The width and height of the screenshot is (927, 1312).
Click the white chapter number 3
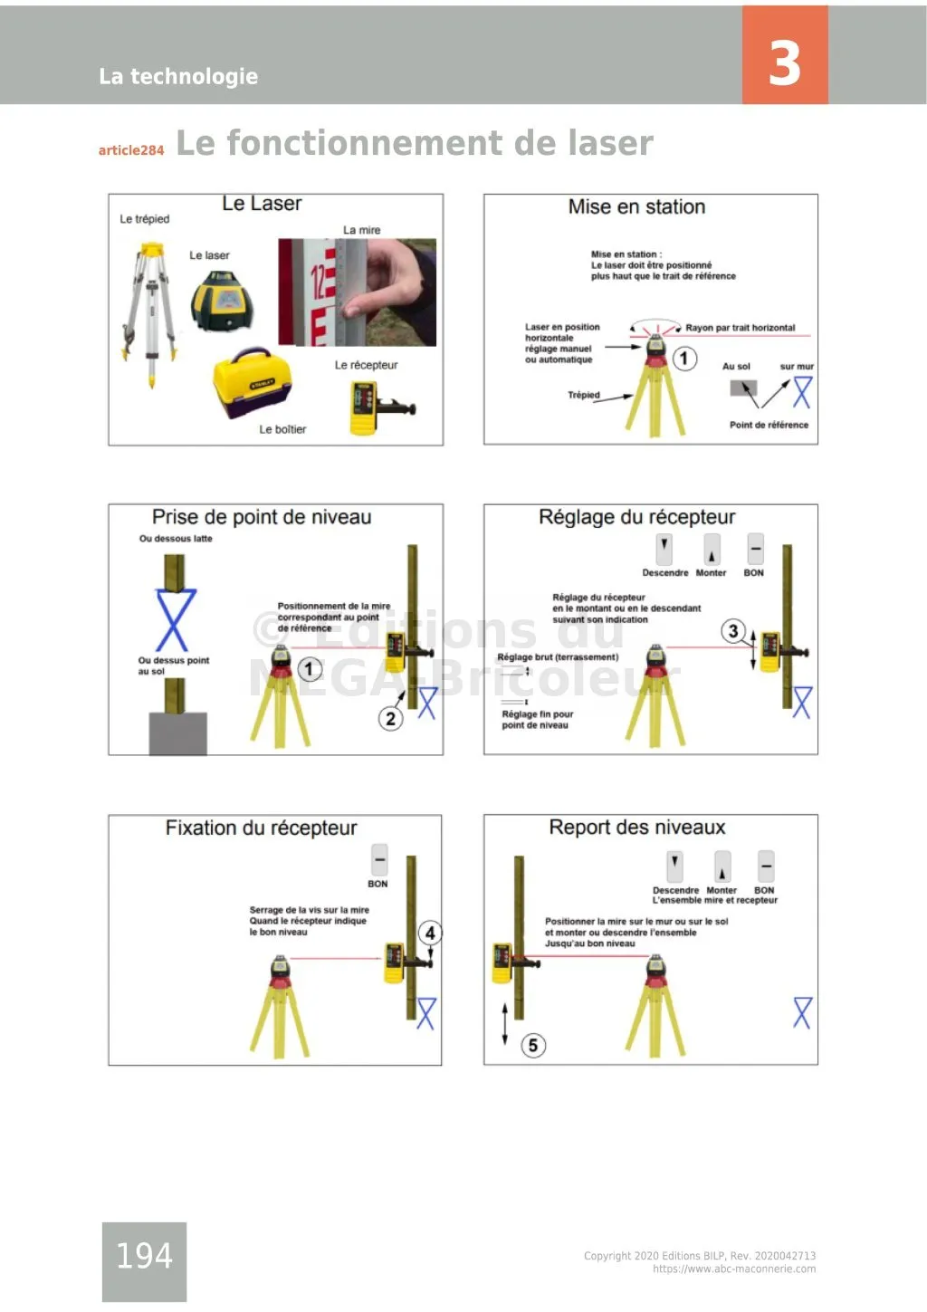(x=784, y=62)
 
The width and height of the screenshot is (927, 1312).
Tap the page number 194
(x=144, y=1255)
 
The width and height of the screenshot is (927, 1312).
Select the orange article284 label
(x=131, y=150)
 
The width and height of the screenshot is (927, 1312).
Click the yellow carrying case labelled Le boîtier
(x=252, y=384)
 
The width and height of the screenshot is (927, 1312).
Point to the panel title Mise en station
(x=636, y=206)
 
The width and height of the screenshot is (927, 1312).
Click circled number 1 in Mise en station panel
(x=683, y=359)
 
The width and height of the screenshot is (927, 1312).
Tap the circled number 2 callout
(x=390, y=718)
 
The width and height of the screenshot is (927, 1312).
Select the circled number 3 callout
(x=733, y=631)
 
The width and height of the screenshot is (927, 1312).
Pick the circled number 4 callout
(x=430, y=933)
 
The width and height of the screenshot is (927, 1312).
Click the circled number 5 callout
(x=533, y=1046)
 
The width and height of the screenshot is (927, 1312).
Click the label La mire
(x=361, y=230)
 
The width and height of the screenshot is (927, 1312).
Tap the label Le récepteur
(x=366, y=365)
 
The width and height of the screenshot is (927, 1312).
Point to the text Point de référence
(x=769, y=425)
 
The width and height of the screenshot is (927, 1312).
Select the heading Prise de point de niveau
(x=262, y=517)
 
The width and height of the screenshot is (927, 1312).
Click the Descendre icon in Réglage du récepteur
(x=664, y=549)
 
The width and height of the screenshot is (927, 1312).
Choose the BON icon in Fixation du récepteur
(x=379, y=859)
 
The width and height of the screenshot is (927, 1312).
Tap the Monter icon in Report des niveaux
(x=722, y=867)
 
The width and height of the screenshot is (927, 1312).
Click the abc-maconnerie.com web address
(x=733, y=1269)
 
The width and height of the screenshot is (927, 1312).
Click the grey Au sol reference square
(x=742, y=389)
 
